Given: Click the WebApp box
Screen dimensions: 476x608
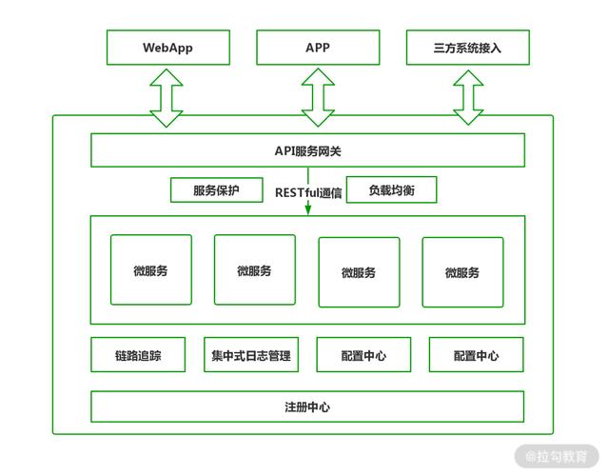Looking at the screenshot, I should pos(167,48).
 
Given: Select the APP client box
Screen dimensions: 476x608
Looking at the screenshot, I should pos(317,48).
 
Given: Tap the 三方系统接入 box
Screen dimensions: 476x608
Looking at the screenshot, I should pos(466,48).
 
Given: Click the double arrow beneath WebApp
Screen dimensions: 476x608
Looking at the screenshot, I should pos(167,96).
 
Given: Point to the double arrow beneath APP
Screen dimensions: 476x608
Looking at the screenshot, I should pos(317,96).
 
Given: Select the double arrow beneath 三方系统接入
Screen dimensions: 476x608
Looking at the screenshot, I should pos(467,96).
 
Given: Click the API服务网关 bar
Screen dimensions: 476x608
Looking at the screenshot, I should pos(307,150).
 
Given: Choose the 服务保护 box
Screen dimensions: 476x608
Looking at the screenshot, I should pos(216,190).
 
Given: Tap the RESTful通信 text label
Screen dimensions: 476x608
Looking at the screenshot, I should pos(308,191).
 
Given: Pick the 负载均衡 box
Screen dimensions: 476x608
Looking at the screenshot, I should pos(391,190).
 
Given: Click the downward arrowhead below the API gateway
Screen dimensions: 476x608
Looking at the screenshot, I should pos(308,208).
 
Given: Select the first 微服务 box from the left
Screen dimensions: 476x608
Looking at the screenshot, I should pos(150,270).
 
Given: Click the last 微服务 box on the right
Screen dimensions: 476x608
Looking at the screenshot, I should pos(462,272).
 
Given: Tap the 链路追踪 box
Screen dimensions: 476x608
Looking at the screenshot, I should pos(138,355).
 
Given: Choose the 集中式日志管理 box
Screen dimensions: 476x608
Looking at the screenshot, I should pos(251,355).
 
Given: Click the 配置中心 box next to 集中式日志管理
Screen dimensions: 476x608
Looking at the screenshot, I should pos(363,355).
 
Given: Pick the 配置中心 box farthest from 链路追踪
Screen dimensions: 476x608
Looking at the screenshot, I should pos(476,355).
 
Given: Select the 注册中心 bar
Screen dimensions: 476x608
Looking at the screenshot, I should pos(307,407).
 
